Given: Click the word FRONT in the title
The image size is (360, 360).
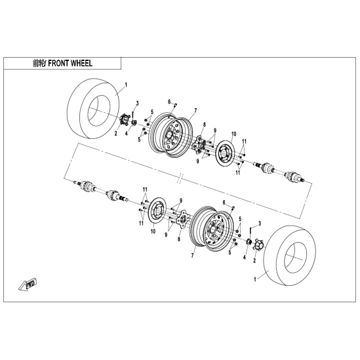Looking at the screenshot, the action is (x=58, y=63).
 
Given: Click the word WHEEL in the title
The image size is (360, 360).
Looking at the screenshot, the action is (x=81, y=63).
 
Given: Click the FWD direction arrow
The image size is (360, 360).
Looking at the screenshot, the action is (x=28, y=285).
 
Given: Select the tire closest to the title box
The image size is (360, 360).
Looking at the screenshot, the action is (x=94, y=108).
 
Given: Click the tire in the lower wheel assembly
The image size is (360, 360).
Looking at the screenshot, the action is (x=290, y=256).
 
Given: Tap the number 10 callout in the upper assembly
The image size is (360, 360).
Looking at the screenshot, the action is (x=233, y=134).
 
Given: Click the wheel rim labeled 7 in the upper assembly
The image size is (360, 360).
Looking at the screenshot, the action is (x=169, y=135).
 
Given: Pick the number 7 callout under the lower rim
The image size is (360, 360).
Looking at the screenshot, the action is (x=192, y=255).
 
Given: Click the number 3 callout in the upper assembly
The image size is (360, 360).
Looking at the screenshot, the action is (x=137, y=104).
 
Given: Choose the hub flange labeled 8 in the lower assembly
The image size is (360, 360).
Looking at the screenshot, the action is (x=182, y=219).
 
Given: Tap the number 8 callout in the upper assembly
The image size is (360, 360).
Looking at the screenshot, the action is (x=204, y=125).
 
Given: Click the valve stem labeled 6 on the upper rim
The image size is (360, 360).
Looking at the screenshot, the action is (x=176, y=105).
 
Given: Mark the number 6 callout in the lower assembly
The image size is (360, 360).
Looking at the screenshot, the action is (x=224, y=202).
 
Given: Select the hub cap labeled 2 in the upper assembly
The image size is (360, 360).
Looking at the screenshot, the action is (x=125, y=120).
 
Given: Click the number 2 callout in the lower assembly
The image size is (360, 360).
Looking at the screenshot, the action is (x=254, y=260).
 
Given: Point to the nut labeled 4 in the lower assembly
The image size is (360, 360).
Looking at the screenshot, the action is (x=249, y=242).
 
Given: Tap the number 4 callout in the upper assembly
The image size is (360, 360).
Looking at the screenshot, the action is (x=127, y=133).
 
